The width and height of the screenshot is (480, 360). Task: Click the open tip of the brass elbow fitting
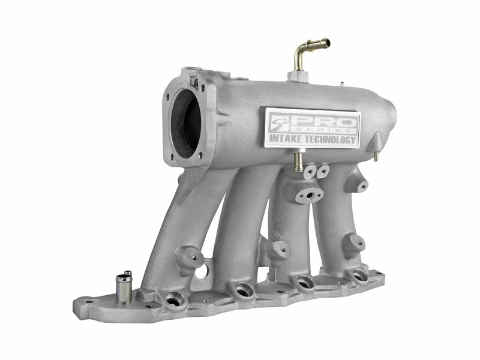(x=326, y=43)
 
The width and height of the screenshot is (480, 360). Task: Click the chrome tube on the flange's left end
(x=124, y=287)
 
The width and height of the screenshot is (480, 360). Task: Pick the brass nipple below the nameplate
(x=298, y=161)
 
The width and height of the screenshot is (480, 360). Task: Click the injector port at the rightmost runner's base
(x=359, y=275)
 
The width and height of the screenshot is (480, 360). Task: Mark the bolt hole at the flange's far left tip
(x=89, y=302)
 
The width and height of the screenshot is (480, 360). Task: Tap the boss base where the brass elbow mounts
(x=297, y=77)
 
